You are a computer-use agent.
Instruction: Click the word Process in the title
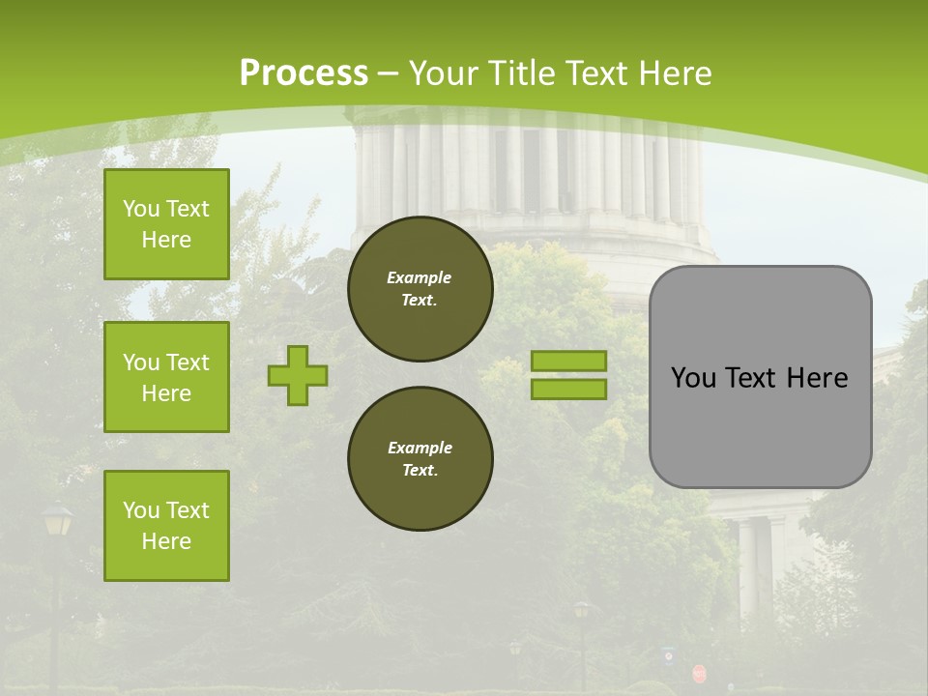pyautogui.click(x=304, y=73)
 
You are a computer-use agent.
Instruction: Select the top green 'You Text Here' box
pyautogui.click(x=166, y=224)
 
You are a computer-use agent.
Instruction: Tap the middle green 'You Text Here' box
pyautogui.click(x=166, y=377)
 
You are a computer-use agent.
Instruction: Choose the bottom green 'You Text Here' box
pyautogui.click(x=166, y=526)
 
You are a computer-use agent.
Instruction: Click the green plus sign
pyautogui.click(x=298, y=375)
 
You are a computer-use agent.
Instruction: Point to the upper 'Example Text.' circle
pyautogui.click(x=420, y=289)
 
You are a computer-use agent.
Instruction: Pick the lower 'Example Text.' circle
pyautogui.click(x=420, y=459)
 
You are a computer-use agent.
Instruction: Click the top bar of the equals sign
pyautogui.click(x=568, y=361)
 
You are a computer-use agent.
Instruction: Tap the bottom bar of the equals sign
pyautogui.click(x=568, y=389)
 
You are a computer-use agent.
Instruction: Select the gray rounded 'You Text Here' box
pyautogui.click(x=761, y=377)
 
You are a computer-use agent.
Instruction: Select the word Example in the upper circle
pyautogui.click(x=420, y=277)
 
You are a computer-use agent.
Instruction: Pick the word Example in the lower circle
pyautogui.click(x=420, y=448)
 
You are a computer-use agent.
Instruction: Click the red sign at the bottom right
pyautogui.click(x=699, y=673)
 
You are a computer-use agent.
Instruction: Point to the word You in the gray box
pyautogui.click(x=693, y=378)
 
